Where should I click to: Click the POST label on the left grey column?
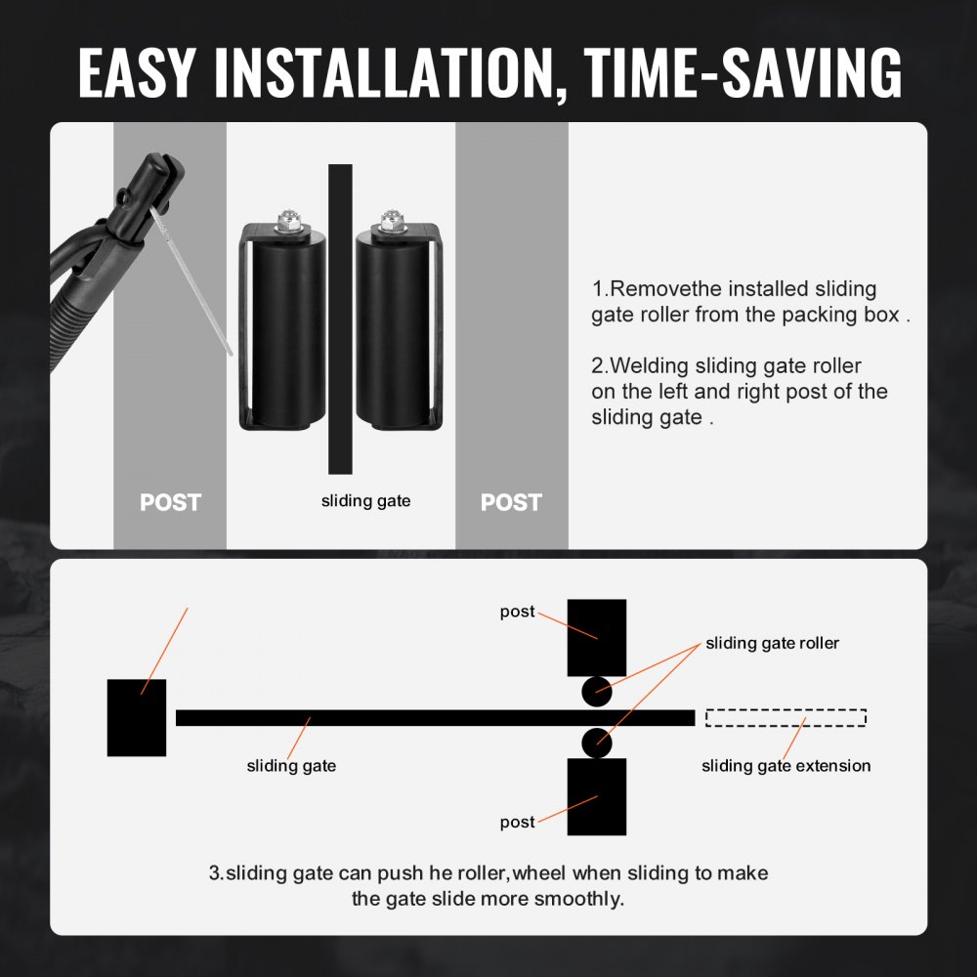(170, 502)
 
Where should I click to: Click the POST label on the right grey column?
(511, 502)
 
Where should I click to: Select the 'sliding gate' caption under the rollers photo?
(366, 501)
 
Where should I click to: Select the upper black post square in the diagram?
(597, 636)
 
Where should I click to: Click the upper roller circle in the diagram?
(597, 692)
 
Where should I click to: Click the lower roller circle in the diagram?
(597, 743)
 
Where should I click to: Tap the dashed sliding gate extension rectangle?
(786, 718)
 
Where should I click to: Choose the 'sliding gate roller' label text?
(772, 643)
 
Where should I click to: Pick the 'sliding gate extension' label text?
(786, 766)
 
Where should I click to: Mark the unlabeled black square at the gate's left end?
(137, 717)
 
